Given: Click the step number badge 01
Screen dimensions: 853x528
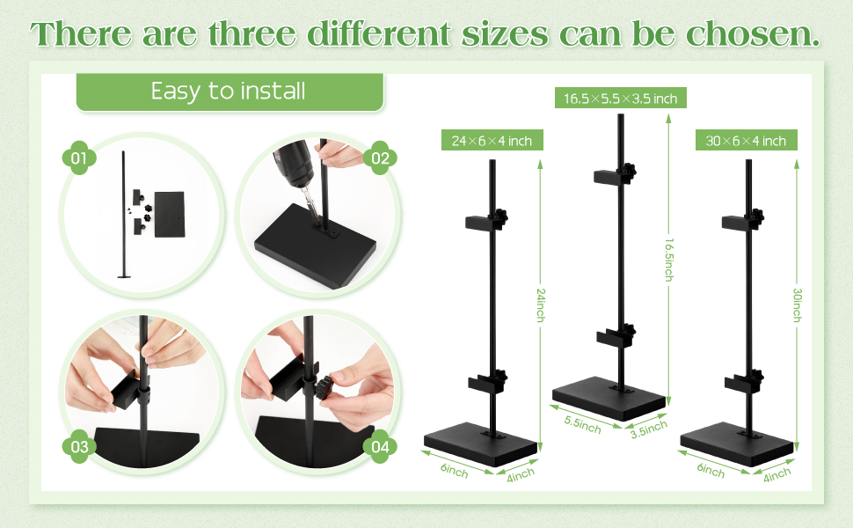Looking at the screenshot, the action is point(79,158).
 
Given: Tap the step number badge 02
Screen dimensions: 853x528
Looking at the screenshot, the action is point(380,158).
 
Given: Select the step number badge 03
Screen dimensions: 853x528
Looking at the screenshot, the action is point(79,446).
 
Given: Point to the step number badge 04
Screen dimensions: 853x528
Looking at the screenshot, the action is point(380,446).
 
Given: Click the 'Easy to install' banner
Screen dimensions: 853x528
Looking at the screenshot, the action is point(230,92).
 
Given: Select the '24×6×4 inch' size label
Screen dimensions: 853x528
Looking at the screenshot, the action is point(492,141).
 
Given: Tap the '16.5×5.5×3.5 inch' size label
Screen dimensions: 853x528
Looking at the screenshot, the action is point(620,98).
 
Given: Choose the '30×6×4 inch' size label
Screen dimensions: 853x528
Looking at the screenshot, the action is point(747,141).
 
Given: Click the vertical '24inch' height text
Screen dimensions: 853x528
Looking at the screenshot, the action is point(540,304).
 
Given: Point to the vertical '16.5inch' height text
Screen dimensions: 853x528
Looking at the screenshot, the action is point(669,260).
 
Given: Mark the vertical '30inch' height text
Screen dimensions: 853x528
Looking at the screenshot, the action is point(797,304).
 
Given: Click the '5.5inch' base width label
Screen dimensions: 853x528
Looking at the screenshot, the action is point(583,424).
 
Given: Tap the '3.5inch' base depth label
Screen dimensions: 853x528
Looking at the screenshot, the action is point(649,429).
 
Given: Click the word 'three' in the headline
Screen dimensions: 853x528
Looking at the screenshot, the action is point(252,33).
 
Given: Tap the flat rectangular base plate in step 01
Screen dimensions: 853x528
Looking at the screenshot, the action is point(169,214).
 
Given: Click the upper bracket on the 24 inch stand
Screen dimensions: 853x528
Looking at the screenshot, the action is point(485,221).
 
